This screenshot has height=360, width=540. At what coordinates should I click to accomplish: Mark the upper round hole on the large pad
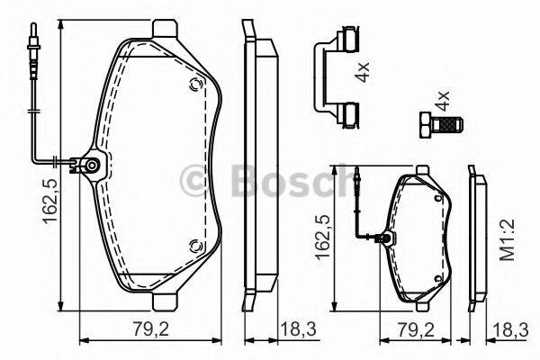click(x=193, y=85)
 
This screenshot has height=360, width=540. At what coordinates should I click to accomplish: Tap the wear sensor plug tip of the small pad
click(x=359, y=178)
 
